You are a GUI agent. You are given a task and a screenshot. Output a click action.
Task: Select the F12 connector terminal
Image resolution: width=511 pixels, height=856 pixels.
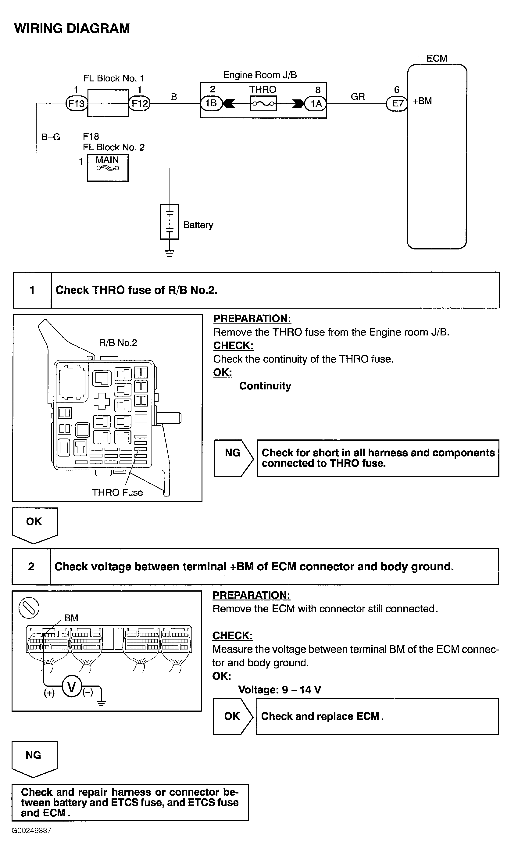pos(139,103)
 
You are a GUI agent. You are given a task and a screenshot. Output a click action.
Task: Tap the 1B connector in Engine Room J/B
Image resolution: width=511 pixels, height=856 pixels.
pos(211,103)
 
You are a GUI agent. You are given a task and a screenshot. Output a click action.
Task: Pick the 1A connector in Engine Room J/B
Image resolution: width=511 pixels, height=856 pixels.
pos(316,103)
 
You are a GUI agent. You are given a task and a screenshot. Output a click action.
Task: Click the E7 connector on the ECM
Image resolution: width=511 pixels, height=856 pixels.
pos(397,103)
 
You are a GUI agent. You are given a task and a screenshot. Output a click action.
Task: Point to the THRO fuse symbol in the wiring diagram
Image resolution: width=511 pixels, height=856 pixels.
pos(263,103)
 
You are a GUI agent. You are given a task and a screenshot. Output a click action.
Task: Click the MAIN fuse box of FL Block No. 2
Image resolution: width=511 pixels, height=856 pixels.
pos(108,168)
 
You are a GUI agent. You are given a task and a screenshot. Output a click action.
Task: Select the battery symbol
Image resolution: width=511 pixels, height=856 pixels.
pos(170,222)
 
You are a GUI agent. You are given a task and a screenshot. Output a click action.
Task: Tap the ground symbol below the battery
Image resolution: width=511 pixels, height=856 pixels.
pos(170,253)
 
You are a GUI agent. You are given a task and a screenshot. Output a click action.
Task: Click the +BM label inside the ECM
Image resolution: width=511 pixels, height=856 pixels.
pos(422,101)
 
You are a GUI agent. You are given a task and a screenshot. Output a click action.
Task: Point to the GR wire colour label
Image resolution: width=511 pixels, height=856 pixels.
pos(358,97)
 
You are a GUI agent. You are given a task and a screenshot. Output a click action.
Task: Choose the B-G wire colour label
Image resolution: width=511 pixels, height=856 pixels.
pos(51,137)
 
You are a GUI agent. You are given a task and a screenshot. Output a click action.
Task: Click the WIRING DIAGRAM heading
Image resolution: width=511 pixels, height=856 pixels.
pos(72,29)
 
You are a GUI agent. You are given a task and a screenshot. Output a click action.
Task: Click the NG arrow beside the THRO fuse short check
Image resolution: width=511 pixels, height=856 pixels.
pos(233,458)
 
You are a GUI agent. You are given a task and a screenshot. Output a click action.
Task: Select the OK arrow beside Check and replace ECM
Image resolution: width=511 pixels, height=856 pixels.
pos(232,716)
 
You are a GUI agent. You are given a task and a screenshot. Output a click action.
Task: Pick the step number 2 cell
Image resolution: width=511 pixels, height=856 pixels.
pos(31,566)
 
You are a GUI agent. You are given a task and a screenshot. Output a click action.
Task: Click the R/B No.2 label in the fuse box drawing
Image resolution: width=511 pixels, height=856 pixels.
pos(118,342)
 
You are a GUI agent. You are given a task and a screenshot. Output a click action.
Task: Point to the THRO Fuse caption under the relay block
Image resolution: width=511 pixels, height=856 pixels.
pos(117,492)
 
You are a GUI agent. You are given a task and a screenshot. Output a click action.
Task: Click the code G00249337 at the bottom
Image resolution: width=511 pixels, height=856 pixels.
pos(31,830)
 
